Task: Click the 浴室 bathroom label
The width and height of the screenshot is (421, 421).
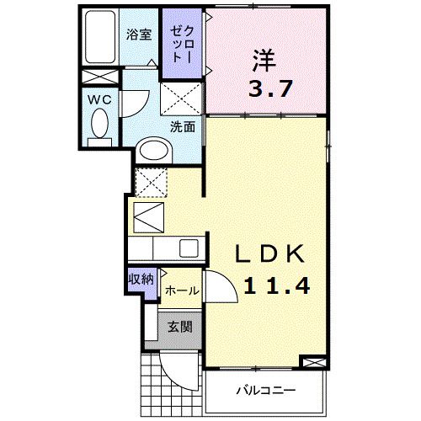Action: (140, 35)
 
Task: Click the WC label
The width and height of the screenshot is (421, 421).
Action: (100, 98)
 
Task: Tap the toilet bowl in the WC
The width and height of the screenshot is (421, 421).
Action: (100, 127)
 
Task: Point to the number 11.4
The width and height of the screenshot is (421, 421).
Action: (275, 285)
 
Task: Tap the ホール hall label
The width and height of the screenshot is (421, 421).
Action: (182, 290)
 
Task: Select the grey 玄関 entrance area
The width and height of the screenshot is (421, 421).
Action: (177, 327)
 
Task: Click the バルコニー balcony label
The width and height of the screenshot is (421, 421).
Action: (264, 391)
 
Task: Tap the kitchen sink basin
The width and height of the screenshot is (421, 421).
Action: (188, 248)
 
